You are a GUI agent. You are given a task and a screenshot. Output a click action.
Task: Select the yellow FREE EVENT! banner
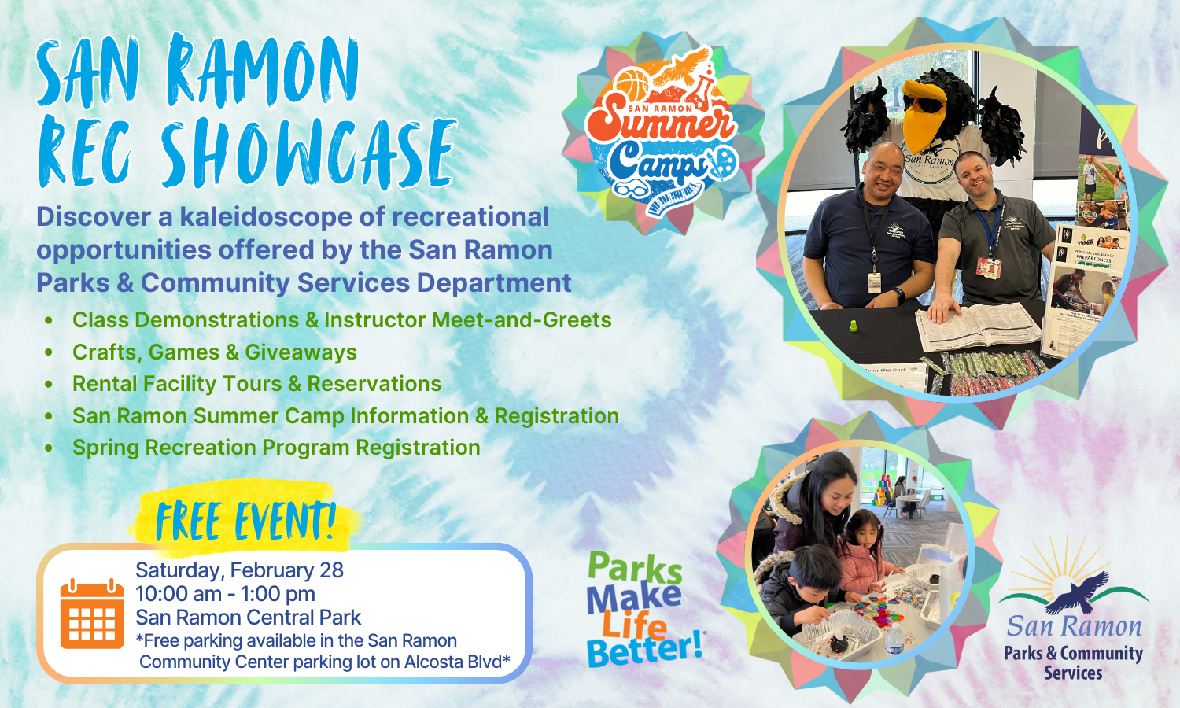coord(245,520)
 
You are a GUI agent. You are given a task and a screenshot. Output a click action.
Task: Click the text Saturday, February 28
coord(239,570)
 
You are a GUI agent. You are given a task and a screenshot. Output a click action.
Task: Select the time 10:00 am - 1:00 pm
coord(225,593)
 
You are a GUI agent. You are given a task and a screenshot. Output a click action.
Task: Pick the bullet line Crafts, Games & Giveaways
coord(214,352)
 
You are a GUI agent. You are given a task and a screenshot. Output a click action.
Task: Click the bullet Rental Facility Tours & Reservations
coord(256,383)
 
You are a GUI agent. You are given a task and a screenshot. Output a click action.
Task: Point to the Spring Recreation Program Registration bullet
coord(276,447)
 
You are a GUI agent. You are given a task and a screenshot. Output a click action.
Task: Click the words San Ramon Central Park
coord(248,618)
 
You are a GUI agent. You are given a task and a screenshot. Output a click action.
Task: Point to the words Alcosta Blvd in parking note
coord(452,662)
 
